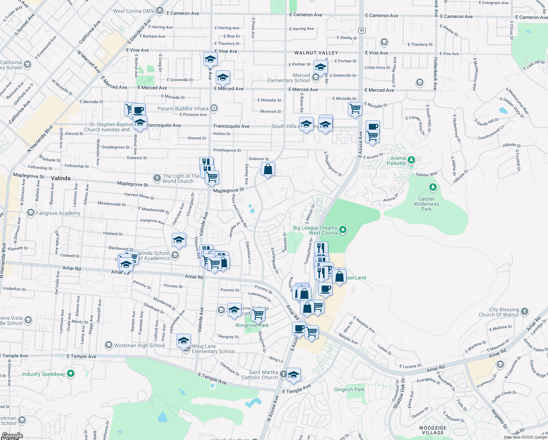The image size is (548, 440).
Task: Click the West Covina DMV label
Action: [x=133, y=11]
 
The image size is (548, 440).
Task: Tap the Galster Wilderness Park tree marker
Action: [x=433, y=187]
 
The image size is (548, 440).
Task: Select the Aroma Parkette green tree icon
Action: [x=411, y=160]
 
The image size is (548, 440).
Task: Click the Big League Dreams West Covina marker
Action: [x=343, y=230]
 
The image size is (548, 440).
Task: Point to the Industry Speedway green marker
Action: [x=71, y=374]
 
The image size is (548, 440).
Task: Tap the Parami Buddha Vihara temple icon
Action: [x=214, y=108]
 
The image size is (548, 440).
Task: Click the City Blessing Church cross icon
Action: [x=525, y=312]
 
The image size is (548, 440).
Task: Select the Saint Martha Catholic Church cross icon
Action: [x=283, y=374]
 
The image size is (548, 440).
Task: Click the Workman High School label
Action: [x=140, y=345]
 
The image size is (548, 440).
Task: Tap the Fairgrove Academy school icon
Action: [x=30, y=213]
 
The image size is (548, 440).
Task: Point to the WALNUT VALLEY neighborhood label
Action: [x=316, y=53]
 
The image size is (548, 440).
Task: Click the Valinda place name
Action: [x=61, y=178]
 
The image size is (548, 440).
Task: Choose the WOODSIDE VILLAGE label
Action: [x=433, y=430]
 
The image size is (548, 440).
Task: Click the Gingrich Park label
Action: [x=349, y=389]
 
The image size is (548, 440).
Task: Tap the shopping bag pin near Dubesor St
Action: [x=268, y=169]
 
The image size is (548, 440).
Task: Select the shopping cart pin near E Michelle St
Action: [x=355, y=109]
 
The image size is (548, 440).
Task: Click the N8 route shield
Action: [x=362, y=30]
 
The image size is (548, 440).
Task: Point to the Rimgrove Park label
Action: [x=252, y=325]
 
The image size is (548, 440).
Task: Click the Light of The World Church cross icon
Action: [x=157, y=178]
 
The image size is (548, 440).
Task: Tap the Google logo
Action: [x=12, y=436]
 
